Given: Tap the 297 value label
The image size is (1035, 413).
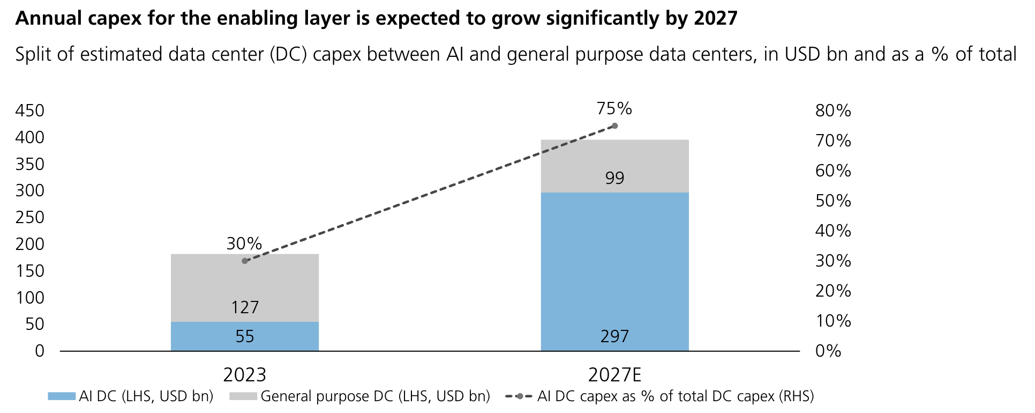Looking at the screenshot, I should (614, 336).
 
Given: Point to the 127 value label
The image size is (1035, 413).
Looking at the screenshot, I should (245, 307).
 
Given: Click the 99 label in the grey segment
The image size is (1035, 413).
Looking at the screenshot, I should (614, 178).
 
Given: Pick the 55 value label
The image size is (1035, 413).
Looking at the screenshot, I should (245, 336).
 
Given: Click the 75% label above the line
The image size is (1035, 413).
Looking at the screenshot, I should (614, 109).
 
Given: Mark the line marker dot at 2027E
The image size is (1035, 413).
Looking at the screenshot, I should (614, 126).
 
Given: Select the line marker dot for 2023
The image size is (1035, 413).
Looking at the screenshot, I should (245, 261).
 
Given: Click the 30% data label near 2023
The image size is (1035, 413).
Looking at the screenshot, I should (244, 244).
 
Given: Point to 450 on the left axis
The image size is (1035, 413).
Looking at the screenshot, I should (30, 111).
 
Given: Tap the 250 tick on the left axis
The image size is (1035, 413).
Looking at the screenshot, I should (30, 218).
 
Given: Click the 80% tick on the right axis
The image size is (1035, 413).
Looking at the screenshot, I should (833, 111).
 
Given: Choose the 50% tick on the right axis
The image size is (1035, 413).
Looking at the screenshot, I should (833, 201).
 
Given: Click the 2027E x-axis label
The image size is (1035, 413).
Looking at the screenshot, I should (614, 374).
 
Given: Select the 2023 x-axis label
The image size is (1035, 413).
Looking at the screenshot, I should (245, 374).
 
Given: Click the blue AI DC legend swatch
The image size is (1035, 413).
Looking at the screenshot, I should (61, 396).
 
